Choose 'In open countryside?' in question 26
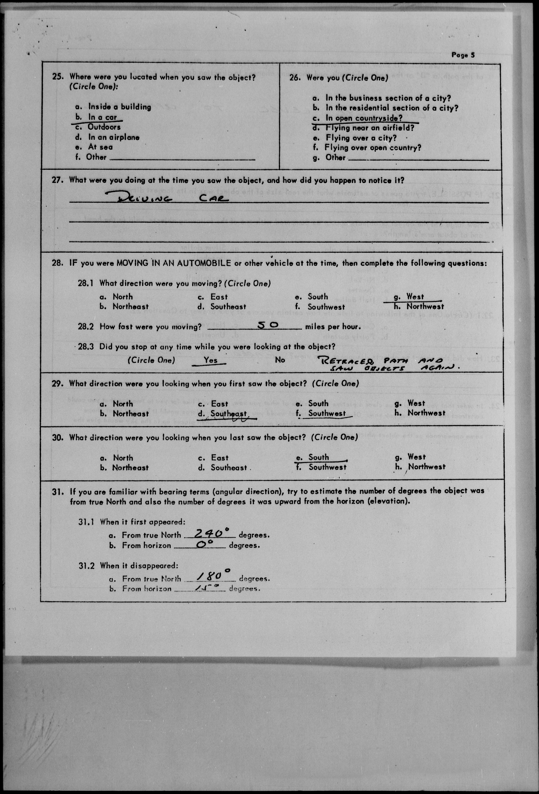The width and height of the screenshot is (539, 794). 364,118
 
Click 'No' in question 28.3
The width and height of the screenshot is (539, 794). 280,360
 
